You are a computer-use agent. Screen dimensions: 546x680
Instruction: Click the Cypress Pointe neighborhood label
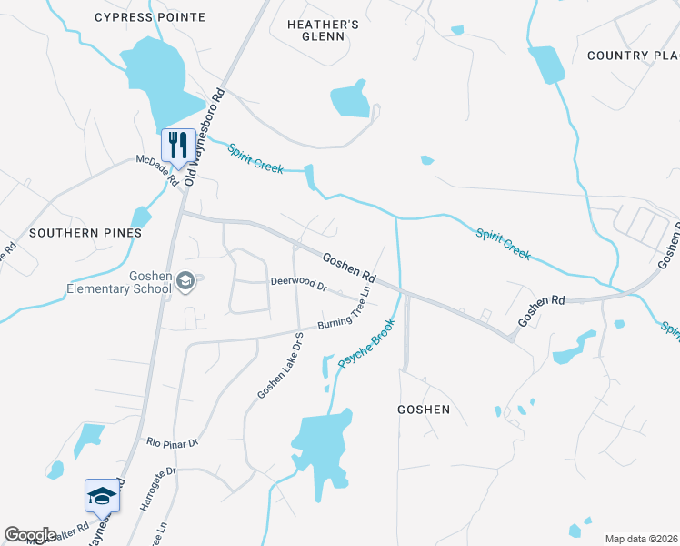pyautogui.click(x=150, y=17)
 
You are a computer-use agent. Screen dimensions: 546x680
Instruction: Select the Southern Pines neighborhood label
pyautogui.click(x=85, y=233)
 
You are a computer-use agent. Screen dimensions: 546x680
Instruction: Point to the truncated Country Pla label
pyautogui.click(x=633, y=56)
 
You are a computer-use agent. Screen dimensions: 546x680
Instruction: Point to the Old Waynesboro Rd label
pyautogui.click(x=204, y=137)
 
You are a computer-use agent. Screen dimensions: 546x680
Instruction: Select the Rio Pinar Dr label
pyautogui.click(x=172, y=443)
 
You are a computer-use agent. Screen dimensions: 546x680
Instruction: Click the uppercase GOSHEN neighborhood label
pyautogui.click(x=424, y=409)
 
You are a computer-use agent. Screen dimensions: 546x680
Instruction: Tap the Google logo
pyautogui.click(x=30, y=535)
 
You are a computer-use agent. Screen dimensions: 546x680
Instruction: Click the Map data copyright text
pyautogui.click(x=640, y=539)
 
